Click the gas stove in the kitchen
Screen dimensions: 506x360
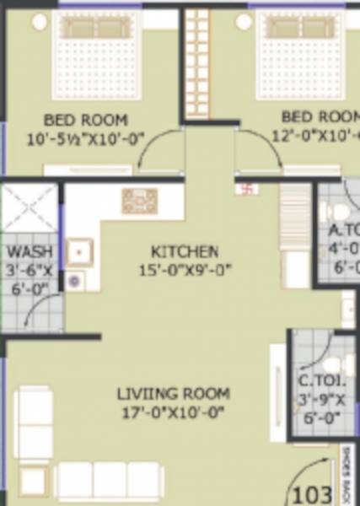tap(139, 201)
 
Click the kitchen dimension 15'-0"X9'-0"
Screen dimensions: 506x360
tap(185, 271)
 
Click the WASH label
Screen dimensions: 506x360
tap(30, 252)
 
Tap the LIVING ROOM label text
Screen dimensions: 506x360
tap(174, 394)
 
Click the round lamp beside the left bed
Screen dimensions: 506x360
tap(39, 20)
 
